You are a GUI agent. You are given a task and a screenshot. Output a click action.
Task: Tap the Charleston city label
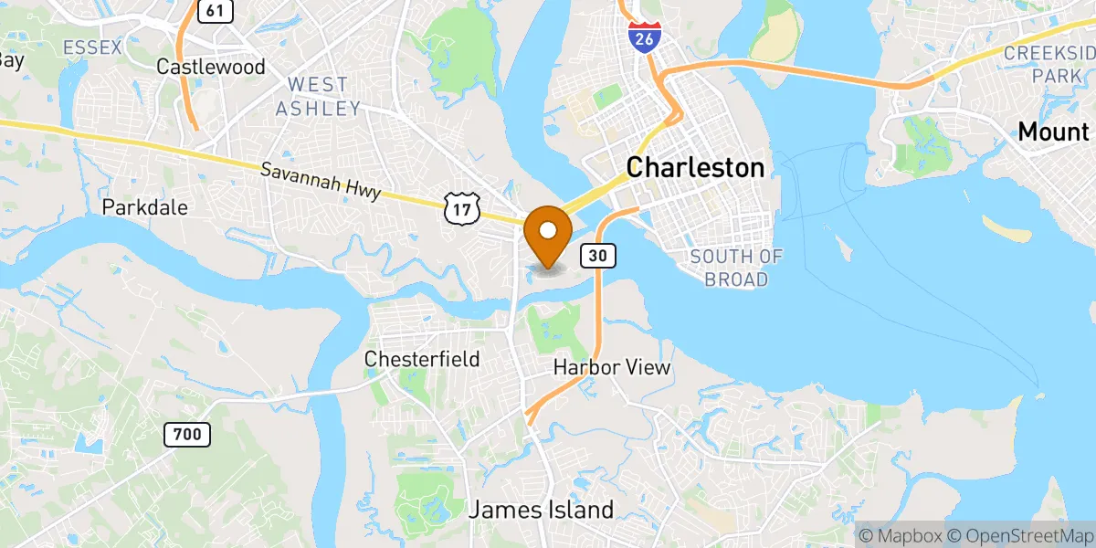tap(695, 167)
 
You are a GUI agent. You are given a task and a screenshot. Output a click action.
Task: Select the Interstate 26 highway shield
tap(645, 37)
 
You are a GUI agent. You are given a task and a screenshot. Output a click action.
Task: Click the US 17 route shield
tap(461, 209)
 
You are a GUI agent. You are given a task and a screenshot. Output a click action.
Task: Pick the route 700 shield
tap(186, 435)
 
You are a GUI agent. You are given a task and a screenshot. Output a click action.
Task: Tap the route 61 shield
tap(214, 10)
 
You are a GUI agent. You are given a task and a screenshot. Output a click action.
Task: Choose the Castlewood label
tap(211, 67)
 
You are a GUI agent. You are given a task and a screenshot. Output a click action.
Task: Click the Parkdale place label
tap(145, 207)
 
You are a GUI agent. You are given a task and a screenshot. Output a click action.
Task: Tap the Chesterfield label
tap(422, 359)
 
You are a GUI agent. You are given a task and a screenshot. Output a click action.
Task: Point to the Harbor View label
tap(612, 368)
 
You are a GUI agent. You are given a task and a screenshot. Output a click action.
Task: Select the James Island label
tap(541, 510)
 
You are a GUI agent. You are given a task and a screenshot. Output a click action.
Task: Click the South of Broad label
tap(736, 268)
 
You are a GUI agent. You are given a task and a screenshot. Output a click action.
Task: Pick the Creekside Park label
tap(1049, 64)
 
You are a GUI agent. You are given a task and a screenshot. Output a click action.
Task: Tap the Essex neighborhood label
tap(91, 47)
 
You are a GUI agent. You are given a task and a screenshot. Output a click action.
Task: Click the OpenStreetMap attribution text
tap(1019, 533)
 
